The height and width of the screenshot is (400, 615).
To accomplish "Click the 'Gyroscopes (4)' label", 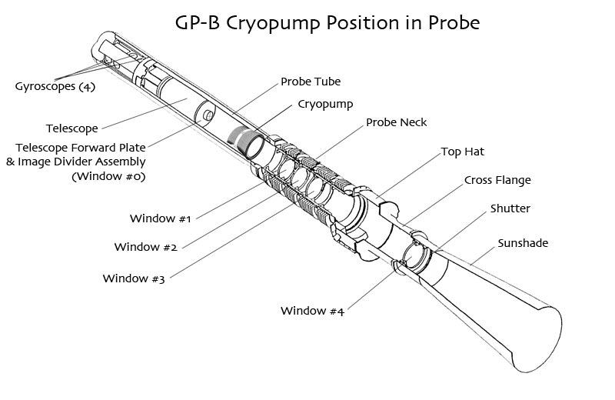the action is tap(55, 86).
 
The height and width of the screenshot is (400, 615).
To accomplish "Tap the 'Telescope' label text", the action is tap(71, 128).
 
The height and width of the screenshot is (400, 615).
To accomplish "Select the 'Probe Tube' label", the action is tap(311, 82).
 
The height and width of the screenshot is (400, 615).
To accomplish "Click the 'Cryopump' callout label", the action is tap(325, 105).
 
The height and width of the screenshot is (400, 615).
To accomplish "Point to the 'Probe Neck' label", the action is tap(396, 122).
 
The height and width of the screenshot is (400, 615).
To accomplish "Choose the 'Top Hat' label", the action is tap(463, 152).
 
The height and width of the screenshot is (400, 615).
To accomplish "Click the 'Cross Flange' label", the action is tap(497, 180).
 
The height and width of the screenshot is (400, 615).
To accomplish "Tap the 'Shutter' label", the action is tap(510, 208).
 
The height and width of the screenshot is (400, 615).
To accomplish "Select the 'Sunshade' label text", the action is tap(523, 243).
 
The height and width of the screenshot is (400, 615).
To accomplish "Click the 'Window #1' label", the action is tap(160, 218).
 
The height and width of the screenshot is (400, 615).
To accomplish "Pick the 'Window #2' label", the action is tap(145, 247).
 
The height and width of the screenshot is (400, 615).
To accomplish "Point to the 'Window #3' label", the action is tap(134, 278).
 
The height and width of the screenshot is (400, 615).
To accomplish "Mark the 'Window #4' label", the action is tap(312, 311).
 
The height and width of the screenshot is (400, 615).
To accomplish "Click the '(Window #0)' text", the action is tap(108, 176).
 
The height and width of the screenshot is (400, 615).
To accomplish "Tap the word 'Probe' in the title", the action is tap(454, 23).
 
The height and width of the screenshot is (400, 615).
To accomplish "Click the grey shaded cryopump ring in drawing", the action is tap(237, 137).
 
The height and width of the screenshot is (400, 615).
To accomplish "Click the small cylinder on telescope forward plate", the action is tap(208, 115).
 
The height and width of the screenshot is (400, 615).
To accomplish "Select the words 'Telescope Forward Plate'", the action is tap(81, 148).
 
